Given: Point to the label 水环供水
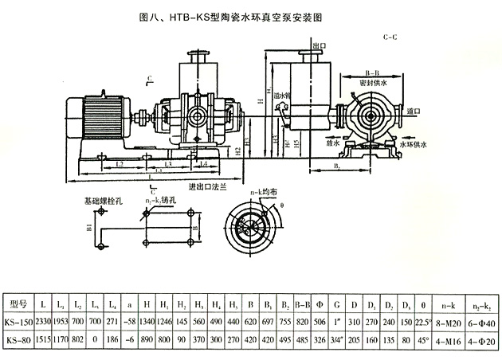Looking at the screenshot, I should click(x=438, y=144).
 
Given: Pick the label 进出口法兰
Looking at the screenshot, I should click(x=207, y=188).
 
